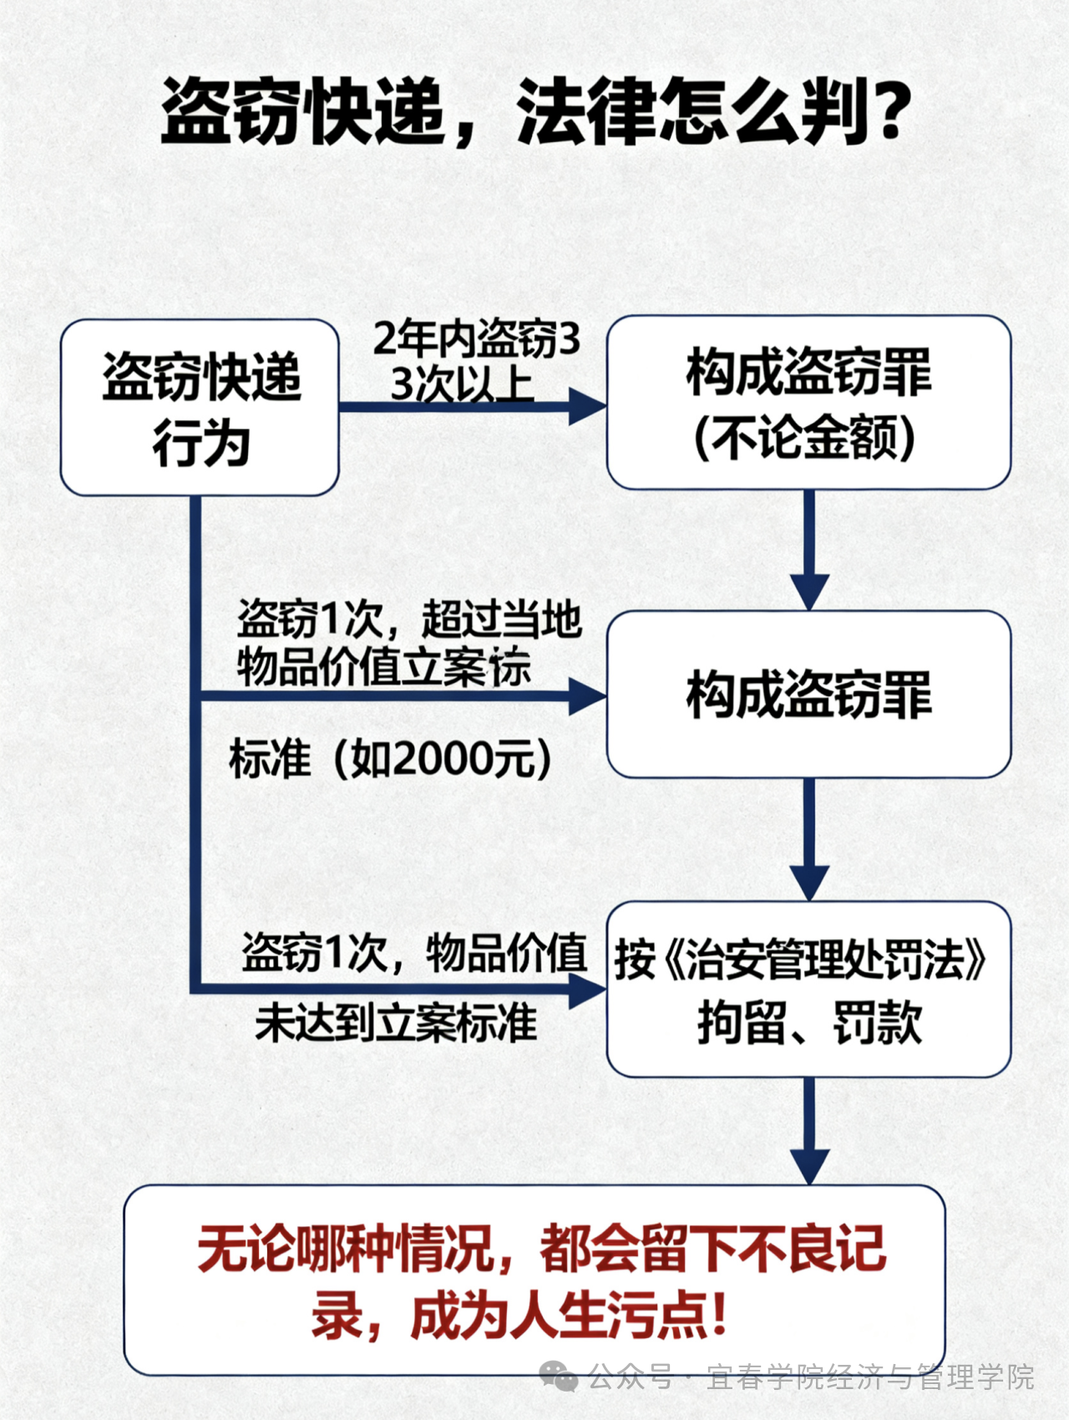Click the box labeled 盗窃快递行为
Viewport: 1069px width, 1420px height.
click(x=200, y=407)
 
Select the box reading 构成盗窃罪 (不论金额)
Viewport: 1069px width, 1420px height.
click(x=808, y=402)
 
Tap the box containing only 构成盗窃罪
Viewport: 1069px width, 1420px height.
click(x=808, y=694)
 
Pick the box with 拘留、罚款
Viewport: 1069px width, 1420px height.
click(x=808, y=989)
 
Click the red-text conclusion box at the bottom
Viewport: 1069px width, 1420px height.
click(x=534, y=1280)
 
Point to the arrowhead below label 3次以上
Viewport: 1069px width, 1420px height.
click(x=587, y=407)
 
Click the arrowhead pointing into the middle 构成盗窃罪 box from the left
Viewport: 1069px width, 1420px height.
click(x=587, y=695)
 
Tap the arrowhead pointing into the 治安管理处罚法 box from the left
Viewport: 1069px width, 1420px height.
click(x=587, y=991)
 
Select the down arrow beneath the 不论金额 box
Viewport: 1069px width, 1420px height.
click(x=809, y=590)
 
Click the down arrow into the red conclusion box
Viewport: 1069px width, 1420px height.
click(x=809, y=1165)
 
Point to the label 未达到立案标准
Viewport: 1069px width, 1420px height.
click(x=396, y=1023)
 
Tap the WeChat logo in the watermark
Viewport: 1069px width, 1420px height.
click(x=558, y=1376)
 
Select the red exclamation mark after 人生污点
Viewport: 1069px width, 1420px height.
click(x=717, y=1316)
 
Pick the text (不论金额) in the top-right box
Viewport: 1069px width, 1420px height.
click(x=804, y=438)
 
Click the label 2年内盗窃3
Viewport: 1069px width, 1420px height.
click(x=476, y=338)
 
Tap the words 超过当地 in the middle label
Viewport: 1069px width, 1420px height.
click(x=501, y=619)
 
